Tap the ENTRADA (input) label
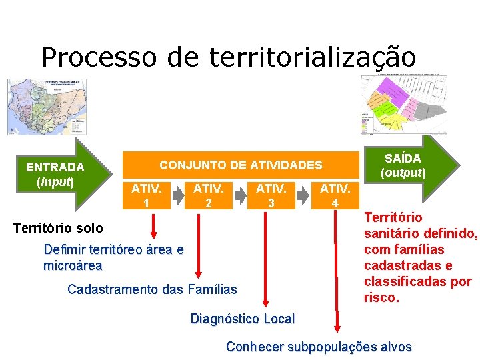pos(55,174)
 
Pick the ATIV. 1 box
pos(145,194)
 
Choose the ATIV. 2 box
pos(208,194)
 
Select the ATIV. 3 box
pos(271,194)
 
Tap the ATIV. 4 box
pos(334,194)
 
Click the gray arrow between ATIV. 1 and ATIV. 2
pos(177,195)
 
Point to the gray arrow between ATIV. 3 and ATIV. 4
pos(302,195)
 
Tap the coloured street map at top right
pos(403,103)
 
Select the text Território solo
pos(58,228)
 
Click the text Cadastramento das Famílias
pos(152,289)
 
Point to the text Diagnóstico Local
pos(242,319)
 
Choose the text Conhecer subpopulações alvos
pos(319,347)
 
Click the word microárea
pos(73,265)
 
